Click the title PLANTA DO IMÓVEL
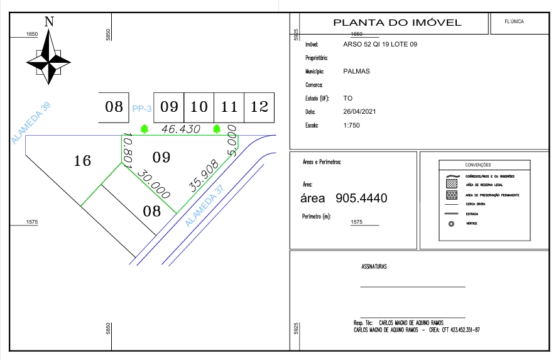click(x=397, y=23)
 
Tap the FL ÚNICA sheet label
click(x=514, y=21)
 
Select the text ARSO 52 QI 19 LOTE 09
click(x=380, y=45)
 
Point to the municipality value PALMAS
click(x=357, y=71)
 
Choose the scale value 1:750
click(x=352, y=125)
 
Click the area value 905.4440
click(x=362, y=199)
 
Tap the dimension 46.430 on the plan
click(x=181, y=129)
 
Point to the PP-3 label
click(x=143, y=108)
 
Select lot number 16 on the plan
click(x=82, y=161)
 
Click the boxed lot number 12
click(x=259, y=107)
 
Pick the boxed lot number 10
click(x=199, y=107)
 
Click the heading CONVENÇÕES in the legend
click(x=478, y=165)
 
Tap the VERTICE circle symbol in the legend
click(x=450, y=223)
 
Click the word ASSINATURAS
click(x=374, y=266)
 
